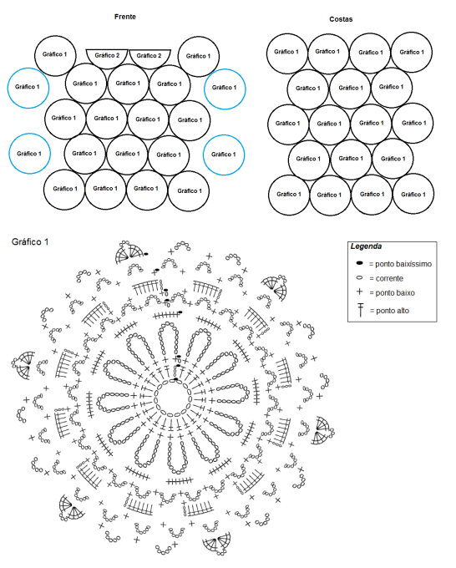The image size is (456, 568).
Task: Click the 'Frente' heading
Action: [x=125, y=17]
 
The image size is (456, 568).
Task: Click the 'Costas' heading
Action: [x=341, y=19]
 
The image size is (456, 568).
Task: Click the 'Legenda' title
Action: [x=366, y=246]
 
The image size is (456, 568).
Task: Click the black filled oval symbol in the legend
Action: [x=360, y=262]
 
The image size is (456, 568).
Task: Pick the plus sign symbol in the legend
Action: [x=360, y=292]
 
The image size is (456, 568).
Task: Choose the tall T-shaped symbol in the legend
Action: [x=361, y=310]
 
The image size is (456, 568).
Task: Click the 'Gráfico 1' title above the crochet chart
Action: [x=30, y=242]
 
